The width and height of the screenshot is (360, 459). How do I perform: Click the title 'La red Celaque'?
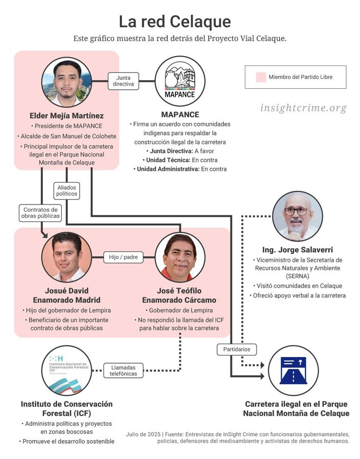[x=175, y=21]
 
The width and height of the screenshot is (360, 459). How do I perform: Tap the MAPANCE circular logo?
[x=180, y=81]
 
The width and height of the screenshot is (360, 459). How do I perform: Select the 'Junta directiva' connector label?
[x=123, y=81]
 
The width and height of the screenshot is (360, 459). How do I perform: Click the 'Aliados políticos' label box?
[x=67, y=191]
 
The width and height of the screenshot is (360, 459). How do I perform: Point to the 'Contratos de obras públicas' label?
[x=40, y=213]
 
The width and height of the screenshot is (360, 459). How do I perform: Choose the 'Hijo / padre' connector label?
[x=123, y=257]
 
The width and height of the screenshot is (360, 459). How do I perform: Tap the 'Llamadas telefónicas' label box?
[x=123, y=371]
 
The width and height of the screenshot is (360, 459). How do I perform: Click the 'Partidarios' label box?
[x=237, y=349]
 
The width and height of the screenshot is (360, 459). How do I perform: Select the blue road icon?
[x=293, y=370]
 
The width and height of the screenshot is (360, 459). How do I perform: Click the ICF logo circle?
[x=67, y=371]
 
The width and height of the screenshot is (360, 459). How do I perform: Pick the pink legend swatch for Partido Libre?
[x=261, y=77]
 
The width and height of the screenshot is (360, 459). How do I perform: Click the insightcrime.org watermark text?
[x=303, y=108]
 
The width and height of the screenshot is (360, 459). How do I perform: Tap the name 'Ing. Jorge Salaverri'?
[x=297, y=250]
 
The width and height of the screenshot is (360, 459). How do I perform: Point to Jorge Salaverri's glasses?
[x=297, y=211]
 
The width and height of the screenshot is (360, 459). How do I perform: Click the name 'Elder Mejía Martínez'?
[x=67, y=116]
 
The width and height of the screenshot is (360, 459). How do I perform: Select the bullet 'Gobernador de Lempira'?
[x=179, y=310]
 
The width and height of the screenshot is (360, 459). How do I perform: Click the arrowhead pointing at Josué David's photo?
[x=45, y=235]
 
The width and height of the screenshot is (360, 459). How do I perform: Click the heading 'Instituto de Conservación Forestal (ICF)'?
[x=67, y=409]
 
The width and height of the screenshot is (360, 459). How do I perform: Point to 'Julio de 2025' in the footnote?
[x=143, y=435]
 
